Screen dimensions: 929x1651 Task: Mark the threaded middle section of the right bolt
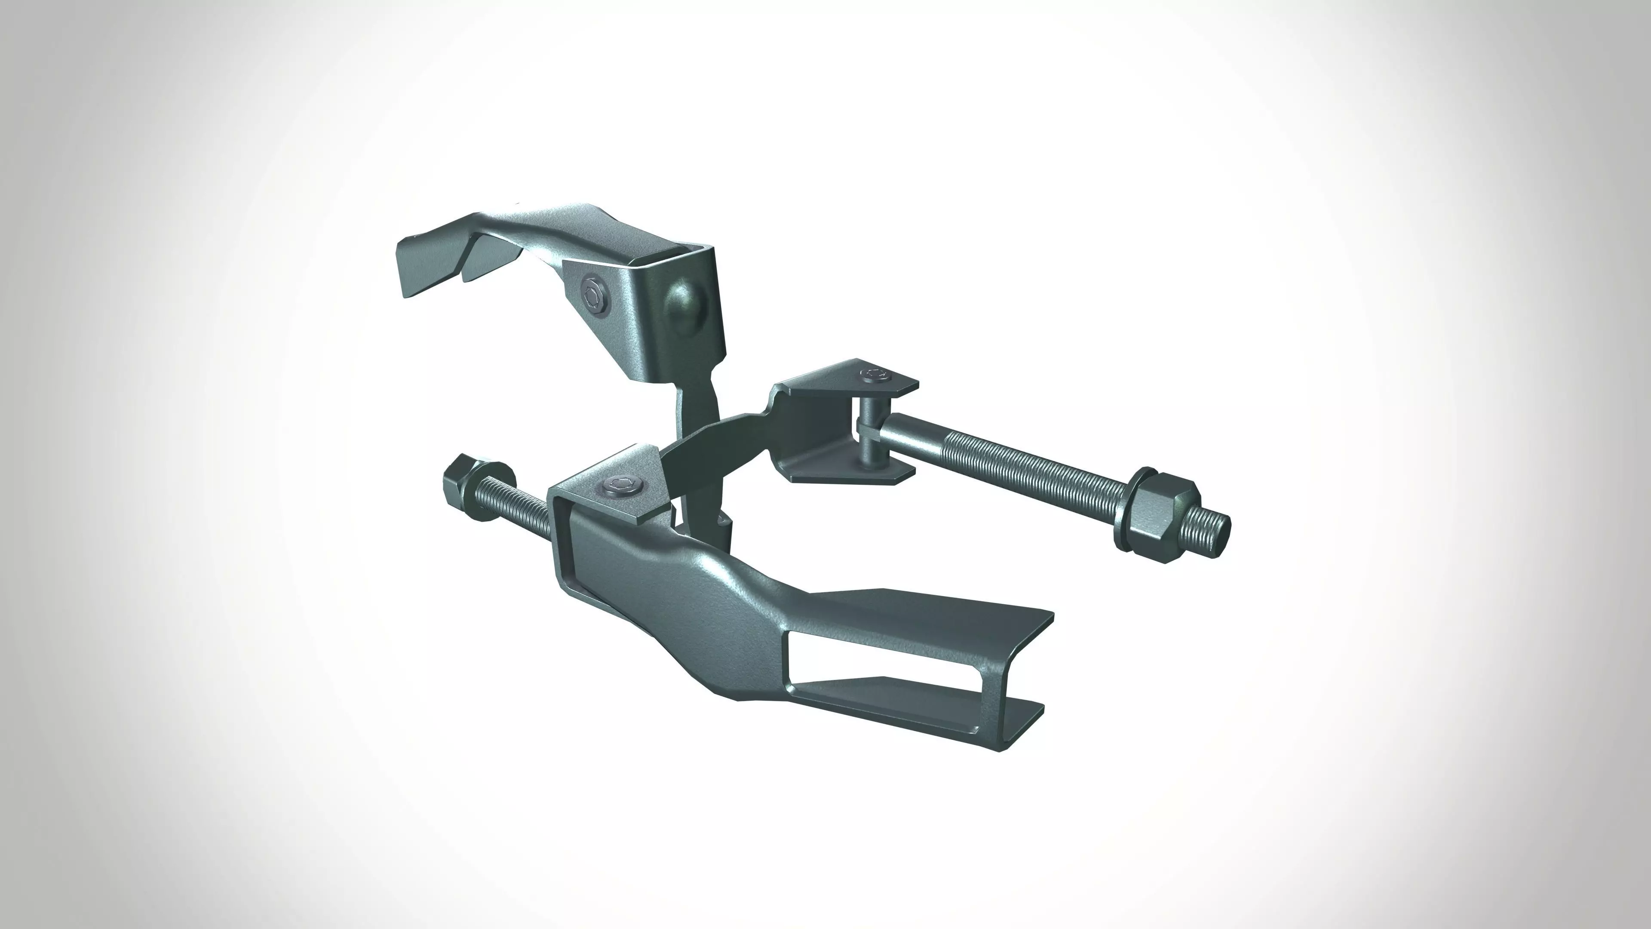(1025, 468)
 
